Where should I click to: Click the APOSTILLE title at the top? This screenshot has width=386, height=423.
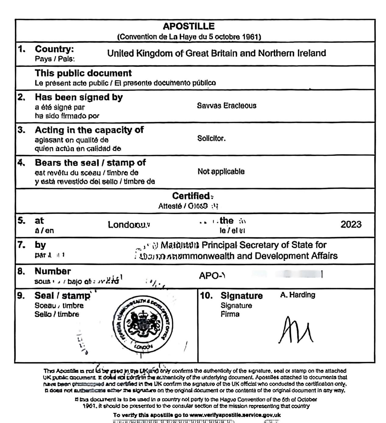click(189, 26)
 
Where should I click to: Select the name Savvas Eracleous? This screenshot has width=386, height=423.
click(226, 106)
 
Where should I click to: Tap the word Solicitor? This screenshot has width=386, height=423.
click(211, 139)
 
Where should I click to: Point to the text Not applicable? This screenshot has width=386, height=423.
click(221, 172)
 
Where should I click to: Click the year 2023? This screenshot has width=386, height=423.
click(351, 225)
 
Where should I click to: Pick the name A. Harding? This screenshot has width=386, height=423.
click(298, 295)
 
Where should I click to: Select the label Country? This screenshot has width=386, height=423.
click(54, 49)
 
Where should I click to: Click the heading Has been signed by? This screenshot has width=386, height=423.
click(79, 97)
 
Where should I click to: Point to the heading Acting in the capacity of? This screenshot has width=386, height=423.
click(89, 130)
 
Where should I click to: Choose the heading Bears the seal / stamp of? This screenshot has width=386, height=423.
click(90, 163)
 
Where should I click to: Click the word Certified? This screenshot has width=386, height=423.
click(191, 196)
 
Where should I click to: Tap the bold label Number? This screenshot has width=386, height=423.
click(52, 271)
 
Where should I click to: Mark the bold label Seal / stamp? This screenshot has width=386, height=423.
click(62, 296)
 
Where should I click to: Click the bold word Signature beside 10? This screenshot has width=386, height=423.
click(241, 296)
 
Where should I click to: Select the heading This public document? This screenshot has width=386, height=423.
click(83, 73)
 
